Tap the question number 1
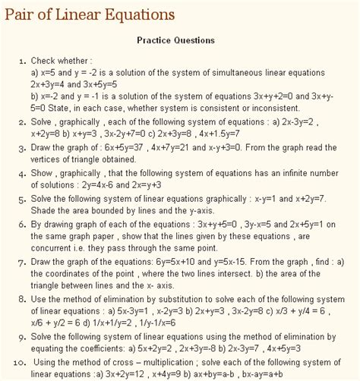[x=22, y=60]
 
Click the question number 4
[x=22, y=174]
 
